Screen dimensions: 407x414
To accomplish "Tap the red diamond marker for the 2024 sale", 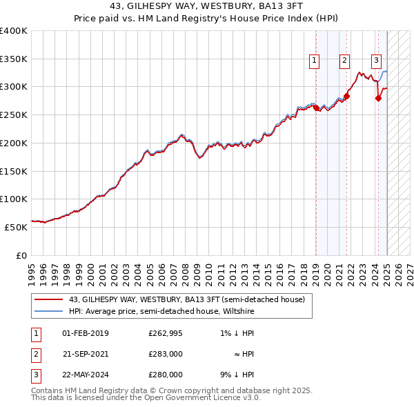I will click(x=378, y=99).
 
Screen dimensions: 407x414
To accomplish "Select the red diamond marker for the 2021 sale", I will click(x=346, y=97).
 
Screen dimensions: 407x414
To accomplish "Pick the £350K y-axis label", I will click(x=14, y=59).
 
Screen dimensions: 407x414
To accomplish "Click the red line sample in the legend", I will click(x=49, y=299).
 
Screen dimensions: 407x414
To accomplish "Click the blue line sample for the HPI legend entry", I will click(x=49, y=311).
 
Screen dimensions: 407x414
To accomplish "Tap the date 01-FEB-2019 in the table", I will click(x=86, y=334).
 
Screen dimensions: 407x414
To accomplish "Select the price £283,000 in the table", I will click(x=165, y=354).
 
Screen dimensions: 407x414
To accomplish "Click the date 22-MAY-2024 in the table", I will click(x=86, y=375).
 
